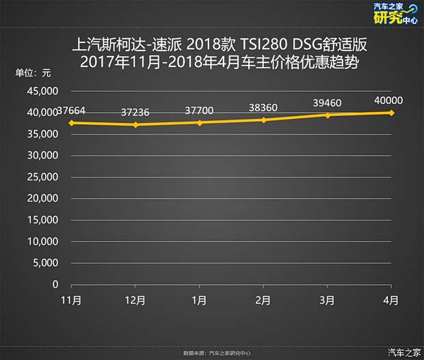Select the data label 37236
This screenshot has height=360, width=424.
[136, 111]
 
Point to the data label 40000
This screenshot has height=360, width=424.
[388, 100]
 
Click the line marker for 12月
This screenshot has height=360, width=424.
[135, 125]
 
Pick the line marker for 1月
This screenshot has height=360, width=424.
[200, 123]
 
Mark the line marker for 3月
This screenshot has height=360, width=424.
[328, 115]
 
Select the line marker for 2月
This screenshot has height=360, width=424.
[263, 120]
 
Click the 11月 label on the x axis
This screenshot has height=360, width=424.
[71, 300]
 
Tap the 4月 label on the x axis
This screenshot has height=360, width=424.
[391, 300]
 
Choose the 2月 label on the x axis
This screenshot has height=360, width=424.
[263, 300]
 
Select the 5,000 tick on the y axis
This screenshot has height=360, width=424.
[47, 263]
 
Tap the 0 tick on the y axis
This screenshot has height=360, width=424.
[55, 285]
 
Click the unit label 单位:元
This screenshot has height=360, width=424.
[33, 73]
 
